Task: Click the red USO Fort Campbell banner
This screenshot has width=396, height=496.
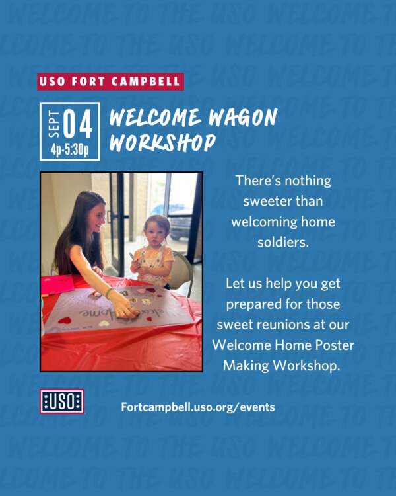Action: pyautogui.click(x=110, y=81)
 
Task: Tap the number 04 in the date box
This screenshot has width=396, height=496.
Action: pyautogui.click(x=78, y=124)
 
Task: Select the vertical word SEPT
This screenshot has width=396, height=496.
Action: pyautogui.click(x=53, y=124)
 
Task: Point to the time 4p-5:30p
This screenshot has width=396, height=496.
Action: pyautogui.click(x=70, y=150)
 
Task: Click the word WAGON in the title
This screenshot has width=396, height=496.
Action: pyautogui.click(x=243, y=117)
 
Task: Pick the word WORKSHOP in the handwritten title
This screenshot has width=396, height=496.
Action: pyautogui.click(x=162, y=143)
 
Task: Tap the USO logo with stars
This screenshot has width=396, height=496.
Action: pyautogui.click(x=62, y=401)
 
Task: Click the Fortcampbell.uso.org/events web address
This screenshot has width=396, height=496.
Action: pyautogui.click(x=198, y=407)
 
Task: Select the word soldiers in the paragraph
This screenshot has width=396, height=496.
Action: pyautogui.click(x=283, y=242)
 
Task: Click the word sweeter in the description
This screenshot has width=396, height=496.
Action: pyautogui.click(x=283, y=201)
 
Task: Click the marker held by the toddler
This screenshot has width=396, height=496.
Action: pyautogui.click(x=132, y=256)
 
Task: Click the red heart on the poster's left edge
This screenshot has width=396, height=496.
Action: pyautogui.click(x=65, y=321)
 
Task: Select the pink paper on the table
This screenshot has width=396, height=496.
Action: pyautogui.click(x=57, y=284)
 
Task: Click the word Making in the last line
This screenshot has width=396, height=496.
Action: pyautogui.click(x=246, y=366)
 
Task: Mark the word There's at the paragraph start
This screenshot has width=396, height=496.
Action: pyautogui.click(x=258, y=181)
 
